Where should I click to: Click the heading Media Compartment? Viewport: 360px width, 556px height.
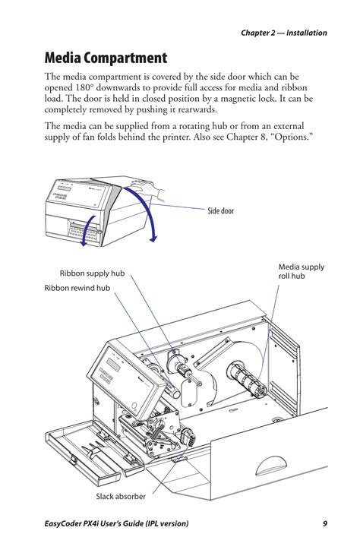[106, 57]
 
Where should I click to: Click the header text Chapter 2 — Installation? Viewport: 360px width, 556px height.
[284, 33]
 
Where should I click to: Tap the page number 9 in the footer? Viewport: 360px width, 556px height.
[324, 524]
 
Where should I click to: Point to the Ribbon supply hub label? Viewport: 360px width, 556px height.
[92, 273]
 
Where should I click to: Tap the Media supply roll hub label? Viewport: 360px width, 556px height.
[301, 272]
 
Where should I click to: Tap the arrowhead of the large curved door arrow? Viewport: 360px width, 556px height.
[153, 239]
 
